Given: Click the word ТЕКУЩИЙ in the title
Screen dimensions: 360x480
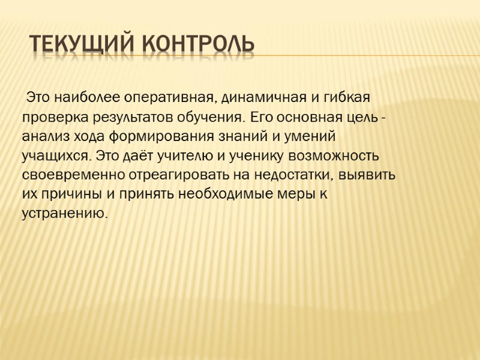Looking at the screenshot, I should point(81,44).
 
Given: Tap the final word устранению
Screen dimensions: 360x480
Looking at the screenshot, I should point(65,214).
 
